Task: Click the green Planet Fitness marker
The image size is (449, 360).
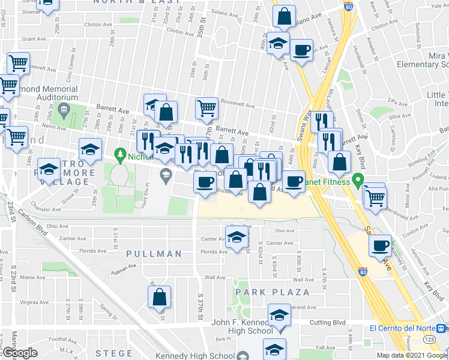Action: tap(358, 179)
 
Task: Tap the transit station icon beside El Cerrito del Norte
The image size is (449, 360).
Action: tap(441, 328)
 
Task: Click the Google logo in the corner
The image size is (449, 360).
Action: tap(20, 353)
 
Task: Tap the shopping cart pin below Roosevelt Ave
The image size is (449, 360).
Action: tap(206, 109)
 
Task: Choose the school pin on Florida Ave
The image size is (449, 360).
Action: tap(237, 239)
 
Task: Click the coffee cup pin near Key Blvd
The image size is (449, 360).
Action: tap(381, 246)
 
